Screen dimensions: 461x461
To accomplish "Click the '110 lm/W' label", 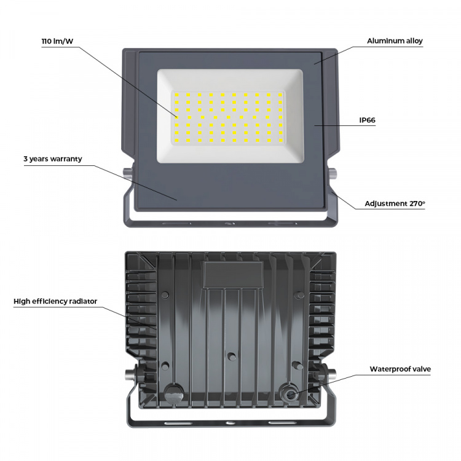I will [58, 41].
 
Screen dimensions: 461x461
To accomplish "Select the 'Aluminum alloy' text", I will [395, 41].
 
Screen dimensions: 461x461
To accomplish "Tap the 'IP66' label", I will [367, 120].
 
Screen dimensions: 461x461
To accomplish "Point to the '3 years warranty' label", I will [52, 159].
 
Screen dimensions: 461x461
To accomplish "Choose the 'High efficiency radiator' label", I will [55, 301].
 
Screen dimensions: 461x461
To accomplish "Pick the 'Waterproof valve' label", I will [400, 369].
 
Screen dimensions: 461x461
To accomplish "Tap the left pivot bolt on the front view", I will [126, 173].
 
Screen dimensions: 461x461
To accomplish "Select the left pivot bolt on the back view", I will [130, 374].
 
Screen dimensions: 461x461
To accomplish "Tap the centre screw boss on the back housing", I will [230, 355].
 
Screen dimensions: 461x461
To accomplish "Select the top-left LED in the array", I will [176, 95].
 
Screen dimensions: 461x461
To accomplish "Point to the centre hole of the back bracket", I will [230, 424].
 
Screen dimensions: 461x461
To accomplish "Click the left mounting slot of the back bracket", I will [175, 424].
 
